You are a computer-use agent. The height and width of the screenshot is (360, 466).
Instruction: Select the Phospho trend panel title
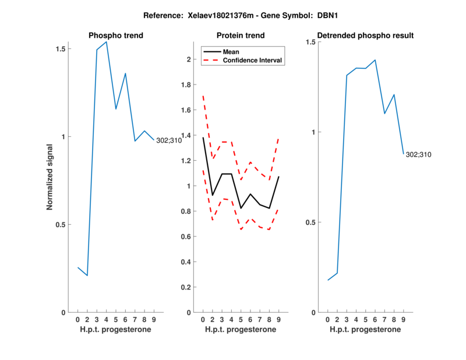[x=116, y=36]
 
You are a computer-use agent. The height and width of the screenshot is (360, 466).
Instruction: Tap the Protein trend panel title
[x=241, y=36]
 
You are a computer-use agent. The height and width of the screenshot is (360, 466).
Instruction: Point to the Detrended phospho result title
[x=365, y=36]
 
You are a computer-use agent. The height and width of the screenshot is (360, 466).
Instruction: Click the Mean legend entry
[x=231, y=51]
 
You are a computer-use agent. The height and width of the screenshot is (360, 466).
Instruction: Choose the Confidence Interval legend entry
[x=252, y=59]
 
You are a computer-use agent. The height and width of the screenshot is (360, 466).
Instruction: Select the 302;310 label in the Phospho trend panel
[x=169, y=140]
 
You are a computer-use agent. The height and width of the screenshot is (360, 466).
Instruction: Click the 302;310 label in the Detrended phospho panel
[x=418, y=154]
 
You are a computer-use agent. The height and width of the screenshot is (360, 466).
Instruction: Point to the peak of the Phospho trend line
[x=106, y=42]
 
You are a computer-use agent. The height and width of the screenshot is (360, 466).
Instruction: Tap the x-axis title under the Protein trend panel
[x=241, y=330]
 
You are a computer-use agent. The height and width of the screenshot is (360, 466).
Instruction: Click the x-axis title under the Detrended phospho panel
[x=365, y=330]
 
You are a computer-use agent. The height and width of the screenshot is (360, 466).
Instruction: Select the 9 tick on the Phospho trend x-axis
[x=154, y=319]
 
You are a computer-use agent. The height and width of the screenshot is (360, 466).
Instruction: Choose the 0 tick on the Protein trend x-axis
[x=203, y=319]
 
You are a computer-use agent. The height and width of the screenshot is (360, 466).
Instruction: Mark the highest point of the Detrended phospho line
[x=375, y=59]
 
